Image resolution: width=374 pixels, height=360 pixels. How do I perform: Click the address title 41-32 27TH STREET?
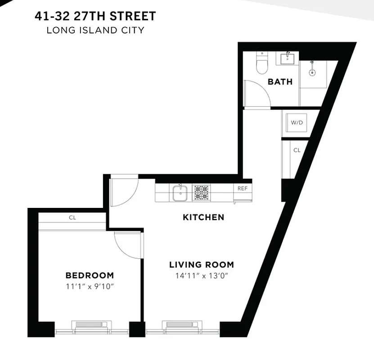[95, 17]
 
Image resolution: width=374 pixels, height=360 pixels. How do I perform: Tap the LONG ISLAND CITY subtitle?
[95, 31]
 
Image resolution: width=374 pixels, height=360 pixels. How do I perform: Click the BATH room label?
[280, 81]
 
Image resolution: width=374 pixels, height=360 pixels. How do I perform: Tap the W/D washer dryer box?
[296, 122]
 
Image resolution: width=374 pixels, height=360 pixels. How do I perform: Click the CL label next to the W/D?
[297, 150]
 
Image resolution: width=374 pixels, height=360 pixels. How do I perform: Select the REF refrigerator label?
[242, 189]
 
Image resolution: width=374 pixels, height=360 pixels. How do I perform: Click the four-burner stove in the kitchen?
[201, 193]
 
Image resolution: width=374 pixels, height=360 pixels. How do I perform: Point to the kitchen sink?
[180, 193]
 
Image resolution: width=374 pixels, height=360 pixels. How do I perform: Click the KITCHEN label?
[203, 217]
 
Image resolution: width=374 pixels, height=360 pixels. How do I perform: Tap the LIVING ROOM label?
[201, 265]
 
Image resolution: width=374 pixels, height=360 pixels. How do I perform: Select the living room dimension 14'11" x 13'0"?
[201, 276]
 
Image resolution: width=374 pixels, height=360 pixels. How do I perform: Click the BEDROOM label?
[90, 275]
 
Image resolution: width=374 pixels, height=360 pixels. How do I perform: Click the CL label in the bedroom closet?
[72, 217]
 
